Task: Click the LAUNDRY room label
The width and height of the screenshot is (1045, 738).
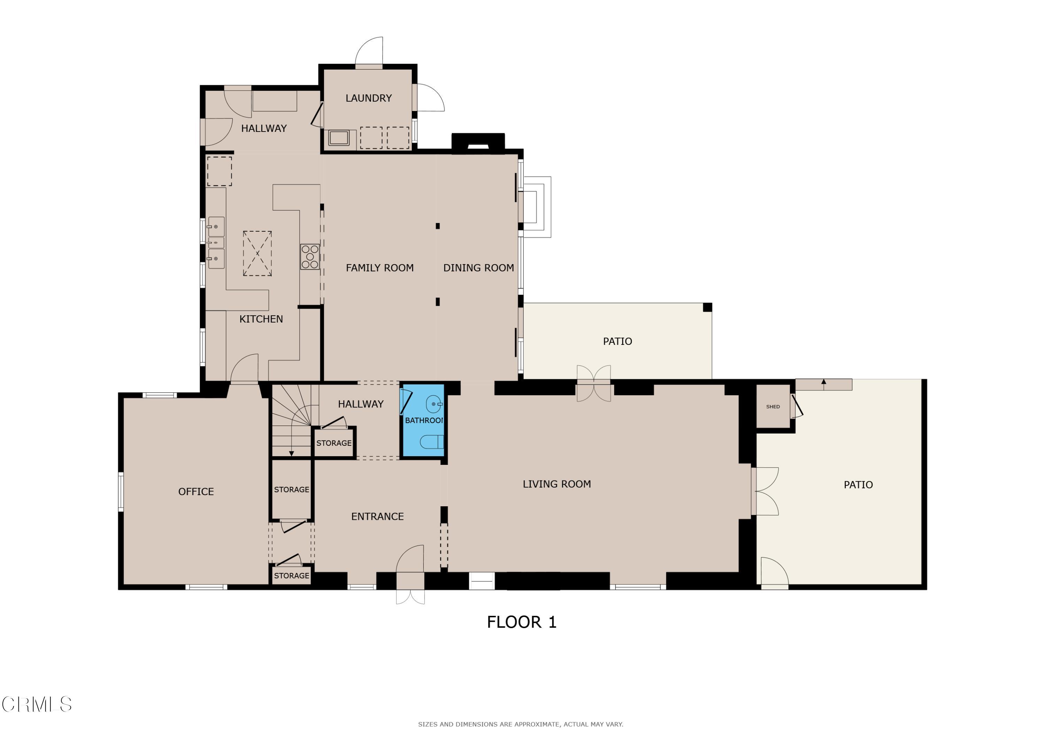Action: [368, 98]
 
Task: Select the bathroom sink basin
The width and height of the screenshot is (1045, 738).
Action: [433, 404]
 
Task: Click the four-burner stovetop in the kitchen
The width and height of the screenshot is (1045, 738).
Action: [310, 257]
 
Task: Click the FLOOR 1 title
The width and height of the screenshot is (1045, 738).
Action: [521, 622]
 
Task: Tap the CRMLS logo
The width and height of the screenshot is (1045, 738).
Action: [37, 704]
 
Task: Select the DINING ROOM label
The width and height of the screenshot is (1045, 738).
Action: [478, 268]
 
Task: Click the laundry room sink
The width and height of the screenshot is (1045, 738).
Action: [339, 137]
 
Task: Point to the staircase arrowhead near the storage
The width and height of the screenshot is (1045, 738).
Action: [291, 453]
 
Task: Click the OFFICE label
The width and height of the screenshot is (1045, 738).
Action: [196, 492]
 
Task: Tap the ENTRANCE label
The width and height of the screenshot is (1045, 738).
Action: [377, 517]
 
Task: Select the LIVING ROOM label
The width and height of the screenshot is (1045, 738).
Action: [557, 484]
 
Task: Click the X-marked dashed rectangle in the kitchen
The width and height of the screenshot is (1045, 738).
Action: [257, 253]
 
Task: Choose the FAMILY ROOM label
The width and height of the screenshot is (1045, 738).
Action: [380, 268]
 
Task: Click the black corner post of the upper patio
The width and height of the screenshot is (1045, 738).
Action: [707, 307]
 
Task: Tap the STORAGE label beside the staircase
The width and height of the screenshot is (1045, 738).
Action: [334, 443]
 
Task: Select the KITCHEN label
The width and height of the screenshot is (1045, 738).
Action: [261, 319]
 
